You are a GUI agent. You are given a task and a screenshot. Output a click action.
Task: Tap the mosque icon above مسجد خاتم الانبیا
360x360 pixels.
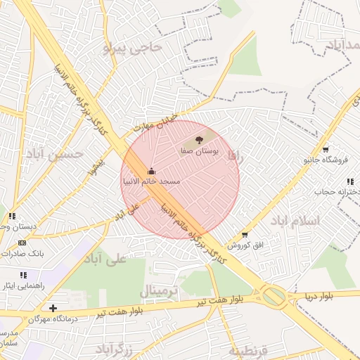(x=151, y=171)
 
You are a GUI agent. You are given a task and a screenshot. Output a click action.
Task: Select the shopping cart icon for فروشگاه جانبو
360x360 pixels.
(x=326, y=149)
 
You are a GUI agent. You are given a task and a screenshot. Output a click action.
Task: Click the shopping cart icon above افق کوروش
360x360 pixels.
(x=245, y=234)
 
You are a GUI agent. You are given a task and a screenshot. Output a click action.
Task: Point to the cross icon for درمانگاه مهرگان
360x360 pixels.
(x=53, y=308)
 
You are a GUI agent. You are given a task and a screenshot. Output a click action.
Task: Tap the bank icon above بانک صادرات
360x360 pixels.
(x=22, y=243)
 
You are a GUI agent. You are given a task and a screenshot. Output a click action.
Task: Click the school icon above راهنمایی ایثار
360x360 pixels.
(x=23, y=275)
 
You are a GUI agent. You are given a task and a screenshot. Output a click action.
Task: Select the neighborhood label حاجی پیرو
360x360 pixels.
(x=132, y=48)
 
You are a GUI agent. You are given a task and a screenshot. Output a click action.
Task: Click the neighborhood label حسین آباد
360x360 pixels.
(x=55, y=153)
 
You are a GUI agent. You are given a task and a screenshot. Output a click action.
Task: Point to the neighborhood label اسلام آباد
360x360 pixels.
(x=295, y=221)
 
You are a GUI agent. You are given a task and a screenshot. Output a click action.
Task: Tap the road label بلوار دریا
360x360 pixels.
(x=318, y=297)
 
